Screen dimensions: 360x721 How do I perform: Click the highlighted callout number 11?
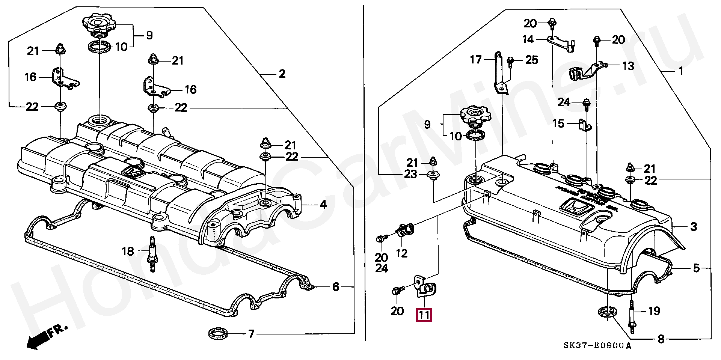[x=424, y=315]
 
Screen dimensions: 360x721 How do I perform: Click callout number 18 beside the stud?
[x=128, y=251]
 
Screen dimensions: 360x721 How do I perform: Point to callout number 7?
[x=251, y=333]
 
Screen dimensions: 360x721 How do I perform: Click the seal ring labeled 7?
[x=218, y=333]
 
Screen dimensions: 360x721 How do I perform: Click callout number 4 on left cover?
[x=323, y=205]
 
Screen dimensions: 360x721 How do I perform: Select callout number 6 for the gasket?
[x=336, y=287]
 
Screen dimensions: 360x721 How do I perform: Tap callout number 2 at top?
[x=282, y=74]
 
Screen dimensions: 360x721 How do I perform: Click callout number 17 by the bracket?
[x=475, y=59]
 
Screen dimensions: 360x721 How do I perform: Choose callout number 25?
[x=532, y=60]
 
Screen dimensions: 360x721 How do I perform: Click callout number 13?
[x=628, y=66]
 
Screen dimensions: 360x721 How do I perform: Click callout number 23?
[x=410, y=174]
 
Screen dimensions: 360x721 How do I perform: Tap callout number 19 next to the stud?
[x=654, y=311]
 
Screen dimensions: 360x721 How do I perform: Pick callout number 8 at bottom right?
[x=661, y=339]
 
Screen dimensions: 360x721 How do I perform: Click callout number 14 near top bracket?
[x=528, y=39]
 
